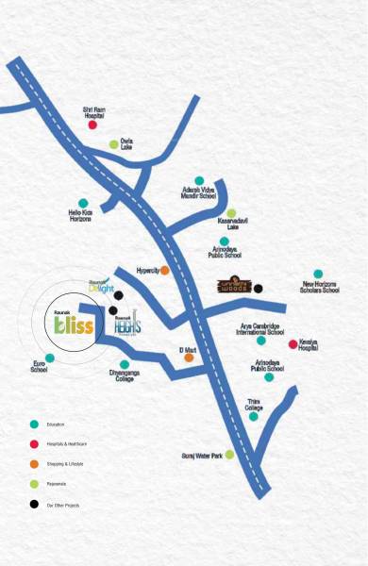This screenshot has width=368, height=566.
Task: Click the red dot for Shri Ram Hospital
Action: click(92, 125)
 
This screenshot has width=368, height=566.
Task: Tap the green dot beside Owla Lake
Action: click(113, 144)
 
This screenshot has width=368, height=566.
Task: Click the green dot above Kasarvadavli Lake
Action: click(231, 213)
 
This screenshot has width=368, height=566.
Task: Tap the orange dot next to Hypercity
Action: click(165, 270)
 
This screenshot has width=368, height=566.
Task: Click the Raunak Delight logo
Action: click(101, 287)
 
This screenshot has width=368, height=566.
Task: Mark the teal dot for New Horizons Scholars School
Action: click(319, 275)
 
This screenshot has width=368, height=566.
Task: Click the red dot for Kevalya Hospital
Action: click(293, 343)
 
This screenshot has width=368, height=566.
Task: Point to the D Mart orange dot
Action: click(189, 358)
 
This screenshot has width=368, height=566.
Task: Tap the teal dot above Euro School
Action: click(50, 358)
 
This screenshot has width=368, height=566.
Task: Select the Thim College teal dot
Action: click(254, 416)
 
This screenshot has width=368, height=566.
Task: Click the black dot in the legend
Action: click(34, 506)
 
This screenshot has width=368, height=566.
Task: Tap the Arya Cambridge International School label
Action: click(261, 328)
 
